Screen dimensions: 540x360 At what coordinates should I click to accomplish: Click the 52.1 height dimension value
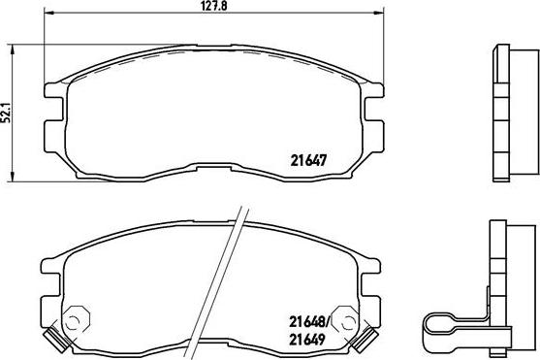pyautogui.click(x=6, y=113)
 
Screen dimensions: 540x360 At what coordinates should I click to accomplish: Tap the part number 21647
pyautogui.click(x=308, y=160)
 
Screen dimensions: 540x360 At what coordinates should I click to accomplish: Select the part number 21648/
pyautogui.click(x=309, y=322)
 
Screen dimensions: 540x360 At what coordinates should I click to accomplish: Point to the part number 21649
pyautogui.click(x=307, y=340)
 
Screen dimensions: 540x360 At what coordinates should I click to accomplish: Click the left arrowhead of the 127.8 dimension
pyautogui.click(x=48, y=14)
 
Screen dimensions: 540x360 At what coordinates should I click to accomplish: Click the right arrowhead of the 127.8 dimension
pyautogui.click(x=379, y=14)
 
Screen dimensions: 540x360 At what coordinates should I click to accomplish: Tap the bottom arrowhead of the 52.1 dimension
pyautogui.click(x=13, y=177)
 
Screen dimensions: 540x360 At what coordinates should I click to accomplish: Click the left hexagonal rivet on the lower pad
pyautogui.click(x=77, y=319)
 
